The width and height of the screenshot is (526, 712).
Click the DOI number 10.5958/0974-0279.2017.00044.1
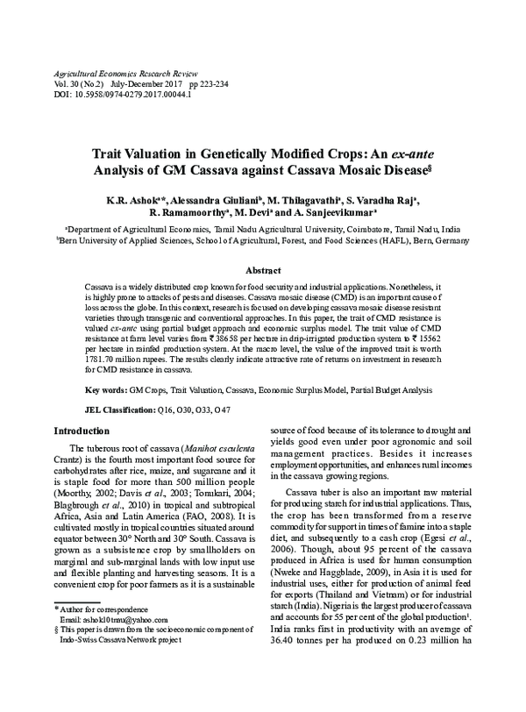coord(131,94)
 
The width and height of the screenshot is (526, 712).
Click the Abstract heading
coord(262,272)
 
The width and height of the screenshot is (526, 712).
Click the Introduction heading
coord(82,431)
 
